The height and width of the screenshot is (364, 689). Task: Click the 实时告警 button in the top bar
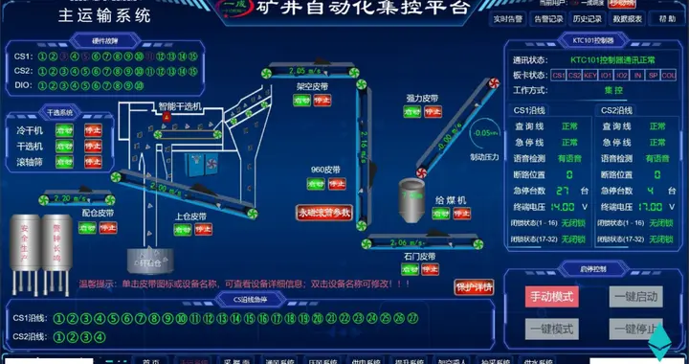pos(508,18)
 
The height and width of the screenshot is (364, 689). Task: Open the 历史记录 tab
pos(588,18)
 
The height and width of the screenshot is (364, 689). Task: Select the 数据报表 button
pos(627,18)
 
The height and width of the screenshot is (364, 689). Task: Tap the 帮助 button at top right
pos(667,18)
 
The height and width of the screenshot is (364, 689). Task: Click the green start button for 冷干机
pos(65,130)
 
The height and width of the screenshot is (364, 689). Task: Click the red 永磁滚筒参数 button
pos(324,213)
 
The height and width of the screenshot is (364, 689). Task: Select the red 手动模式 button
pos(551,297)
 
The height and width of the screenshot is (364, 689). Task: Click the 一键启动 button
pos(635,297)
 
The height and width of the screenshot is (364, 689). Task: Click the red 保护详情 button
pos(473,286)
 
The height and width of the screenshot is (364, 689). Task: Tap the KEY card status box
pos(590,75)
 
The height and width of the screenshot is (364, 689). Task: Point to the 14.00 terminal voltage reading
pos(563,206)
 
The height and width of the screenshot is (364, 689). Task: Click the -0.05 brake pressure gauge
pos(485,133)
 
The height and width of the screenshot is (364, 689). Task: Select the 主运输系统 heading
pos(104,16)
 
